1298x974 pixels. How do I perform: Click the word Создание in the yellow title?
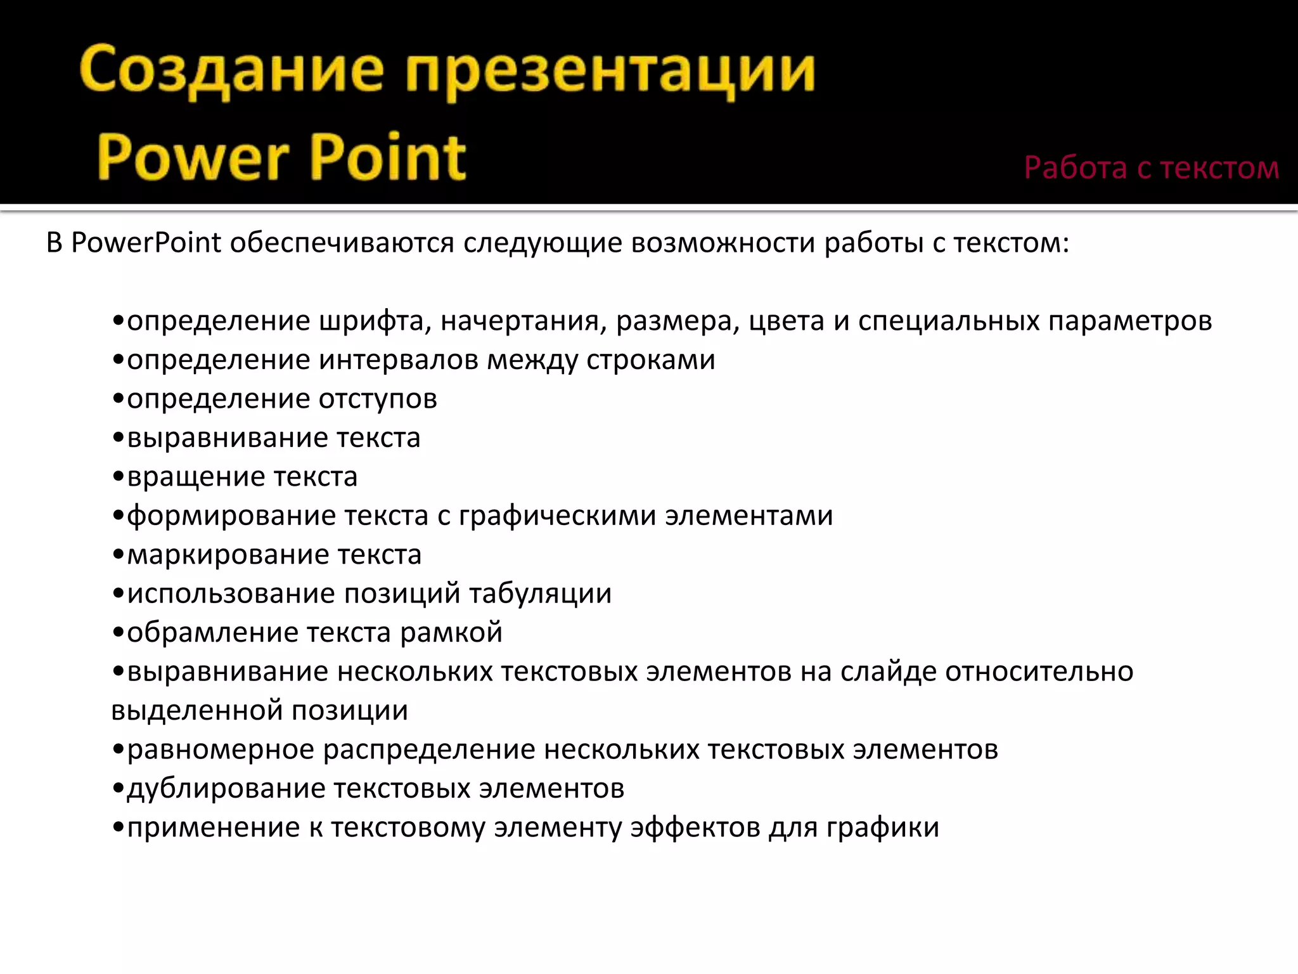[x=232, y=71]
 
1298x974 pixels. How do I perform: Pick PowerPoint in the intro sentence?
[x=146, y=243]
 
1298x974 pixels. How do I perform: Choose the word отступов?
[x=378, y=399]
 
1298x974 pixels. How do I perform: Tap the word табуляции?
[x=540, y=594]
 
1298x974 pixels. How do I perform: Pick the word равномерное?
[x=221, y=750]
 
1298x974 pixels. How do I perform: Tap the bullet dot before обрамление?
[x=117, y=633]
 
